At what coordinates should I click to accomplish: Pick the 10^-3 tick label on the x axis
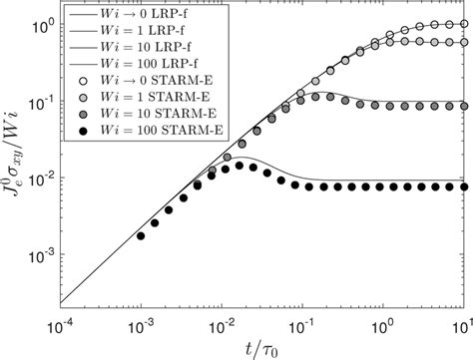(x=142, y=325)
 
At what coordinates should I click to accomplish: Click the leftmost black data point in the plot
(x=142, y=236)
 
